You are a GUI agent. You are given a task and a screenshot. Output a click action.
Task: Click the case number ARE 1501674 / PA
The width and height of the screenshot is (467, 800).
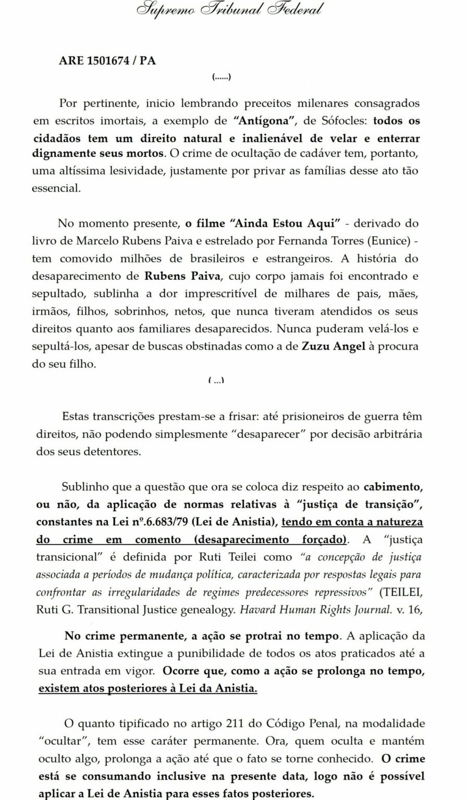point(107,60)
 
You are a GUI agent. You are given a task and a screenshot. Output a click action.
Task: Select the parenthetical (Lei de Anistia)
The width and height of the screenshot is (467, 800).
point(236,521)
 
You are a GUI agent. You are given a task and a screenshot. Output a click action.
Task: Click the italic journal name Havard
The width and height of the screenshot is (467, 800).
point(258,610)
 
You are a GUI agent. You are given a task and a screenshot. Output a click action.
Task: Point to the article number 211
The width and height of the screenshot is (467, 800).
point(236,723)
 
